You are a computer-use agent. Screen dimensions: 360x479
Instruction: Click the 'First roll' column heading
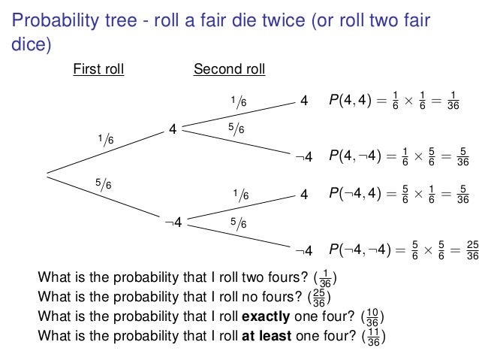pyautogui.click(x=98, y=70)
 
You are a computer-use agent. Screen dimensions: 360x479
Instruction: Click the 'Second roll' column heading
pyautogui.click(x=229, y=70)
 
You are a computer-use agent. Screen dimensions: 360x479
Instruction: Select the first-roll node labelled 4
pyautogui.click(x=173, y=129)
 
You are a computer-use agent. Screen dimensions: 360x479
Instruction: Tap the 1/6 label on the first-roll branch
pyautogui.click(x=106, y=140)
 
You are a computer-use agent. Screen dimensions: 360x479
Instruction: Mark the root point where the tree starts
pyautogui.click(x=47, y=174)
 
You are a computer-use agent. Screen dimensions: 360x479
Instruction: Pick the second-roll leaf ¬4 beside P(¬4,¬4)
pyautogui.click(x=304, y=249)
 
